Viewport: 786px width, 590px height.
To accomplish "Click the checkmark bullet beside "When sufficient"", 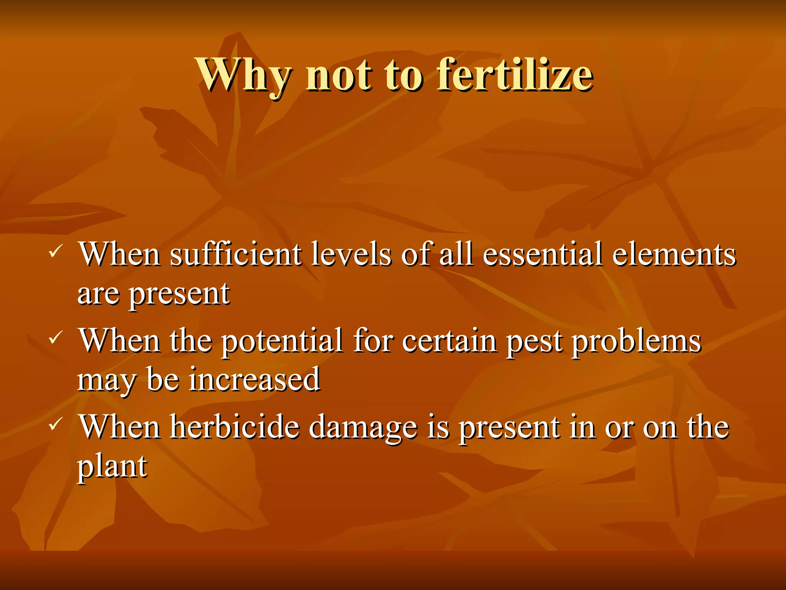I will [54, 252].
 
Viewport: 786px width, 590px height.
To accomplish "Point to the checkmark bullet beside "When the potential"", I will [54, 338].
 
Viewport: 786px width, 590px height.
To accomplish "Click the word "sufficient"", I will [235, 254].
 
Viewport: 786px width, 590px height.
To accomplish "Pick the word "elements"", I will [674, 254].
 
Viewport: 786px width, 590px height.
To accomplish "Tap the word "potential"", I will [282, 341].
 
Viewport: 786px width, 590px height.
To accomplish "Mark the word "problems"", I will [636, 341].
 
